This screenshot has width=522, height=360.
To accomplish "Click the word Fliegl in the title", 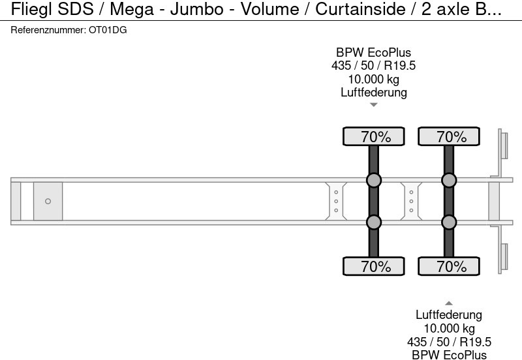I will click(x=27, y=10).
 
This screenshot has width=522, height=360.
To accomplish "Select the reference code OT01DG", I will click(x=107, y=31).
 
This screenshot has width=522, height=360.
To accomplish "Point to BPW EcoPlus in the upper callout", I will click(x=373, y=53).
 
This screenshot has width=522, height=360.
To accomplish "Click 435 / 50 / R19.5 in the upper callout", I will click(x=373, y=66).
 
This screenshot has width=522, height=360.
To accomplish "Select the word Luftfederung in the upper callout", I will click(x=373, y=92).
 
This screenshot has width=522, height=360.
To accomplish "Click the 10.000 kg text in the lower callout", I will click(x=449, y=329).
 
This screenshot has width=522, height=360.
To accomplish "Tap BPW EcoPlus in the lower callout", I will click(x=449, y=355).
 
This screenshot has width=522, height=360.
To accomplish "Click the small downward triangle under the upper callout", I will click(x=373, y=104).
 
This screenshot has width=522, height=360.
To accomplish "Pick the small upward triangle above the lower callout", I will click(x=449, y=303).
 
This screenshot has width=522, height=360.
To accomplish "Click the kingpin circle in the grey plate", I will click(x=48, y=202).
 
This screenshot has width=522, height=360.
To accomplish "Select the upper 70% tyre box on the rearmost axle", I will click(x=449, y=137).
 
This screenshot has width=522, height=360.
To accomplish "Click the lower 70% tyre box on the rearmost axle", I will click(x=449, y=267).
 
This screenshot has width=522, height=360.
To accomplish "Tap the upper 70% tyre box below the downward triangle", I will click(x=373, y=137).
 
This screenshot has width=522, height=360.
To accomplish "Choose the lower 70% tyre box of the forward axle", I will click(x=373, y=267).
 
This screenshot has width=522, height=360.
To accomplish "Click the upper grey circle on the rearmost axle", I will click(x=449, y=180).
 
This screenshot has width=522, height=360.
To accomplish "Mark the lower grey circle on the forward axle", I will click(x=373, y=223).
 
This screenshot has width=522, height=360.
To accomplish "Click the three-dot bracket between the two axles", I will click(x=411, y=202).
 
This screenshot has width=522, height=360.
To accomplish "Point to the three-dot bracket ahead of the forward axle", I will click(x=335, y=202).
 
